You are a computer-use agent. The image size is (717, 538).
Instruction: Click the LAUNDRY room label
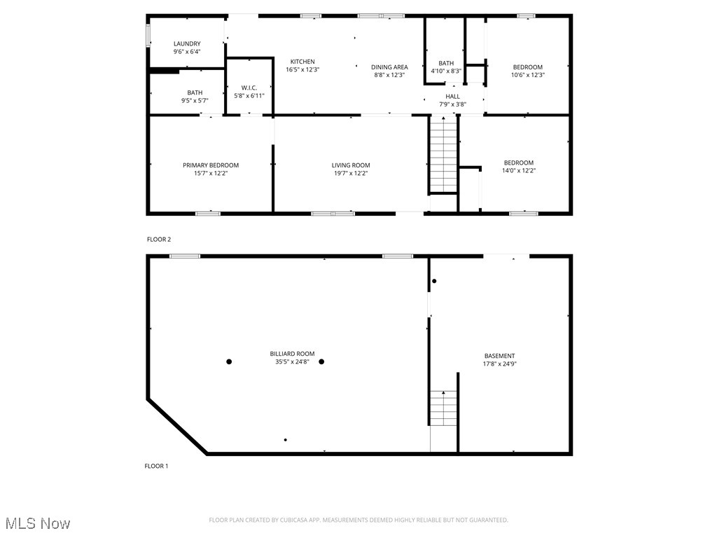coord(187,43)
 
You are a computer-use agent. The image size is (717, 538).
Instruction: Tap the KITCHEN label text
coord(302,62)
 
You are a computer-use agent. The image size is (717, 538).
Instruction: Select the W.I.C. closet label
coord(249,88)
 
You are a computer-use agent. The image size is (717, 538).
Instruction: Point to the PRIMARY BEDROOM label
coord(211,165)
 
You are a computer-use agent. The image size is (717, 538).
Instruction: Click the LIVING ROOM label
coord(351,165)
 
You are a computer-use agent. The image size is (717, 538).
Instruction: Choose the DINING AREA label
coord(389,67)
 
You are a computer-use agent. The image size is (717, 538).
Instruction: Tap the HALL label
coord(453,97)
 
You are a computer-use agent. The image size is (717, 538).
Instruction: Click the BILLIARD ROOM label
coord(292,354)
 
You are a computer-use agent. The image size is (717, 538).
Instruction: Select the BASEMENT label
coord(499,356)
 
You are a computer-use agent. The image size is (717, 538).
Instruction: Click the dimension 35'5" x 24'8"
coord(292,362)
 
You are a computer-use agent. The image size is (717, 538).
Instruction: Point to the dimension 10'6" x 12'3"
coord(528,75)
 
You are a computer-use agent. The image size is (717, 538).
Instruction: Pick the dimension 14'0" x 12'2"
coord(519,170)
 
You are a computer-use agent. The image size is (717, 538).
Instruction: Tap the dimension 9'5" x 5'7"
coord(195,100)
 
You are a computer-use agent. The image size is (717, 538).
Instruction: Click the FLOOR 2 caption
coord(159,240)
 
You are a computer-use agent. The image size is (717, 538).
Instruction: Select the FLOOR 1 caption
coord(157,466)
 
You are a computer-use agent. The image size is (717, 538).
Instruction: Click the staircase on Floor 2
coord(443,155)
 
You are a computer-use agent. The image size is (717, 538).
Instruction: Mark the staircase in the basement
coord(443,408)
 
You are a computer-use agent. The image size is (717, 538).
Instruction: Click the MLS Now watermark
coord(38,523)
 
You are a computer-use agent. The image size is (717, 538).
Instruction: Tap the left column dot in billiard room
coord(229,361)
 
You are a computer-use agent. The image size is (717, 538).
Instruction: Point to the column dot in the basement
coord(434,282)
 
